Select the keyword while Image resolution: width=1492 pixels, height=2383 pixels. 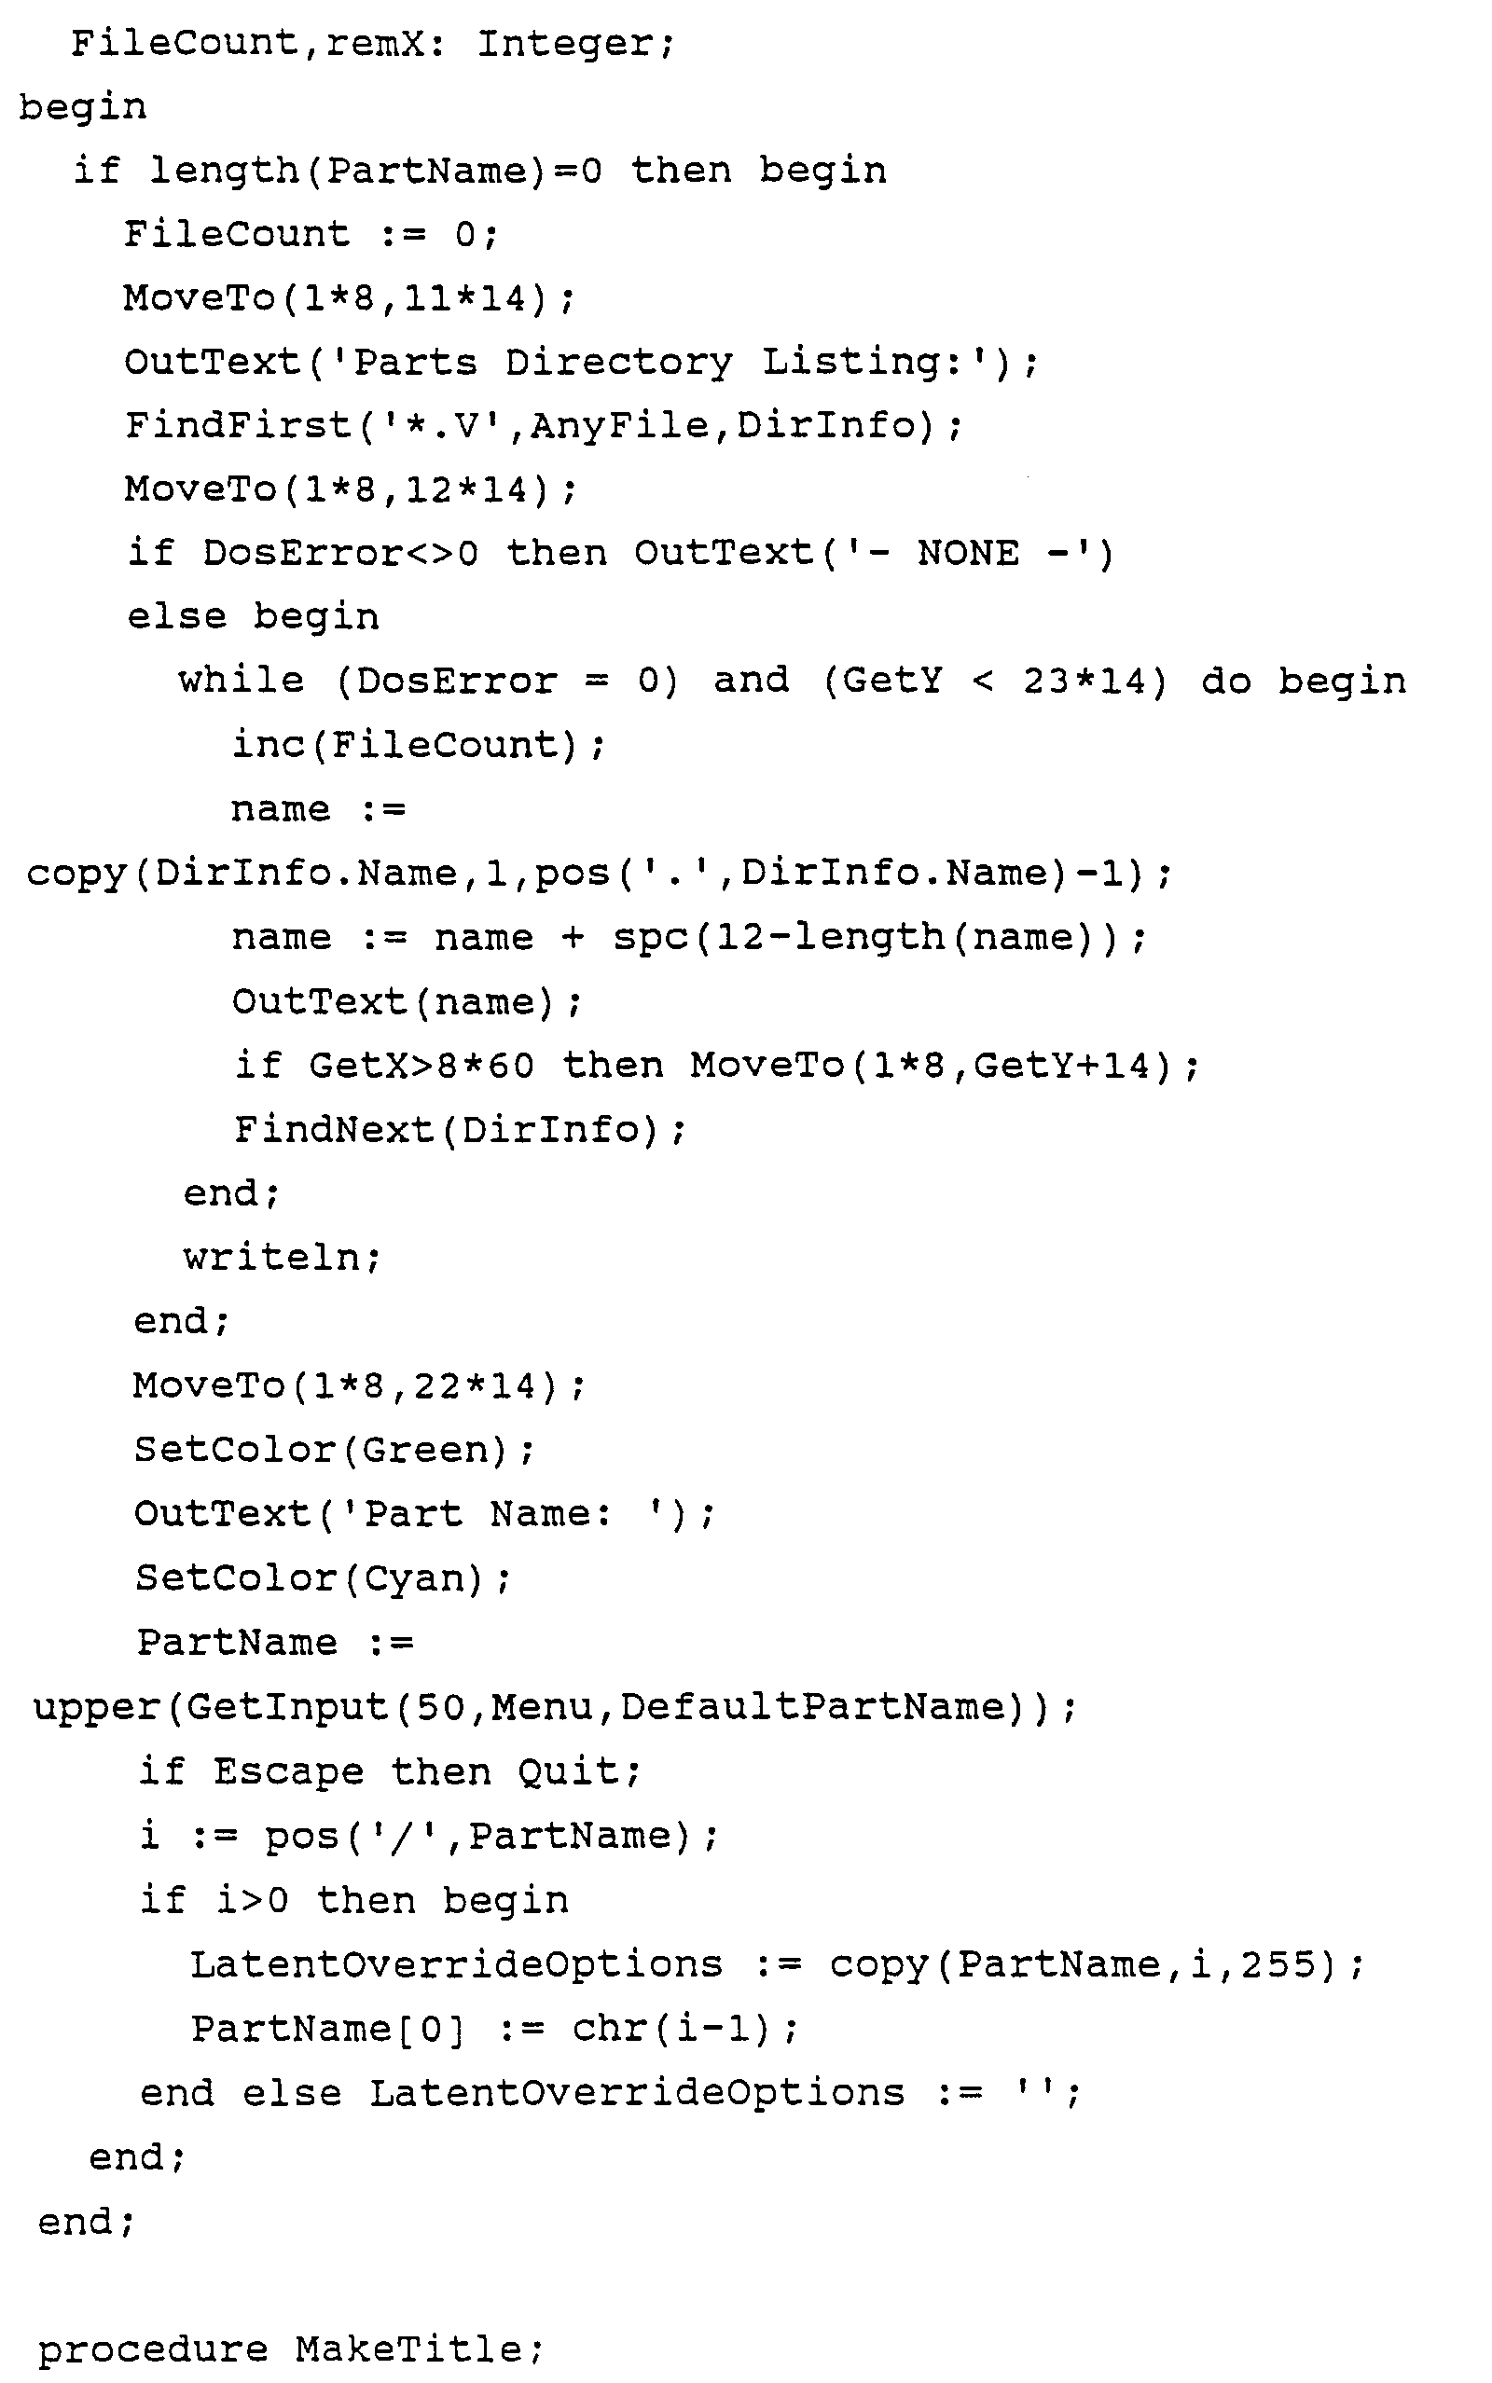click(241, 681)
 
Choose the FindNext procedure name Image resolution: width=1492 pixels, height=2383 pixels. click(334, 1129)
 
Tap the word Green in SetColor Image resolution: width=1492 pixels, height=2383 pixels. click(424, 1450)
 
